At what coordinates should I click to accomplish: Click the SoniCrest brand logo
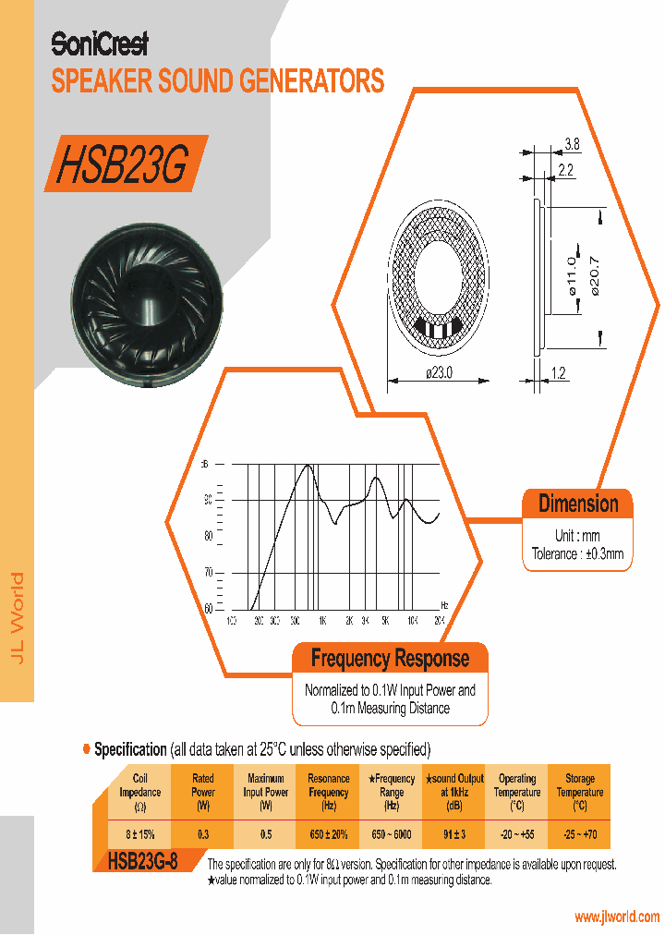pos(99,43)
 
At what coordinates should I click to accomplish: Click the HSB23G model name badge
pos(124,164)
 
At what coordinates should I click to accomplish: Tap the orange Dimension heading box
pos(578,504)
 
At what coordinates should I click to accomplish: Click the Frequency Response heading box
pos(390,659)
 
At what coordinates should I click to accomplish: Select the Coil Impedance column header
pos(140,792)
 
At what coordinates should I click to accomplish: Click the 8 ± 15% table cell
pos(140,834)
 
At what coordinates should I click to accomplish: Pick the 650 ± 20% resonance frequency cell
pos(328,834)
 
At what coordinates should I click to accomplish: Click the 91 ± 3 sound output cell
pos(453,834)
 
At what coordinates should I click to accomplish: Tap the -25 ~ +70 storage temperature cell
pos(579,834)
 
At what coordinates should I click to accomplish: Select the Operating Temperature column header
pos(516,792)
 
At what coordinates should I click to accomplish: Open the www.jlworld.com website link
pos(616,917)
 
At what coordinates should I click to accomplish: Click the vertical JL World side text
pos(18,619)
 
